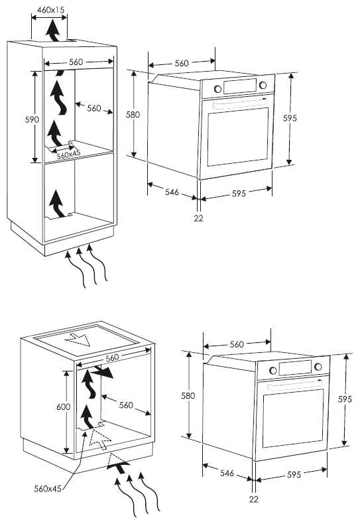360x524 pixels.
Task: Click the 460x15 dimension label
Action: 50,10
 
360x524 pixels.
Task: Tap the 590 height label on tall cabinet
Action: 32,119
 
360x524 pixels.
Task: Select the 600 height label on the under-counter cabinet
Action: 63,407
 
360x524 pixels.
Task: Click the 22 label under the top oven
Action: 198,218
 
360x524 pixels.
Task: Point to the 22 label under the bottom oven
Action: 254,499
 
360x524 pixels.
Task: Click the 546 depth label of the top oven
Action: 172,192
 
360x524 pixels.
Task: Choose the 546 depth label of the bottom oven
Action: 227,473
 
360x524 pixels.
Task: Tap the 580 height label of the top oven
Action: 133,115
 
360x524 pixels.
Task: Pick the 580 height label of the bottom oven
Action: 188,396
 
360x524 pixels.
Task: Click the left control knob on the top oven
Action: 217,89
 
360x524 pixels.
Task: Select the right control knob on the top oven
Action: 263,85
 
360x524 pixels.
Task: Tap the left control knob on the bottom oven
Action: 273,370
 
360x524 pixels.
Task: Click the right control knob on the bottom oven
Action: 318,367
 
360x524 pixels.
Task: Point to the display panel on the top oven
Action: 240,86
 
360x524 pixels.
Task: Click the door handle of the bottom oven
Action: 294,385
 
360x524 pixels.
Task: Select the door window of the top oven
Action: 238,137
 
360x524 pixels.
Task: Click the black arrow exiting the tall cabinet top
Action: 53,30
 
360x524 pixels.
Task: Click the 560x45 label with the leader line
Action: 48,489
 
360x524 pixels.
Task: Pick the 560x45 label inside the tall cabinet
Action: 68,155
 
